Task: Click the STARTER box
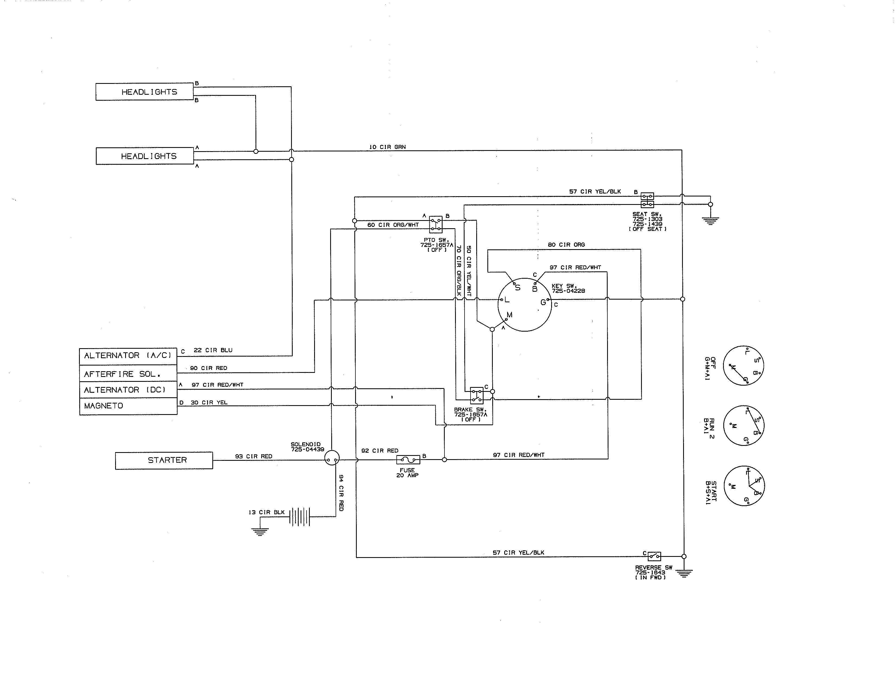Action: click(x=164, y=460)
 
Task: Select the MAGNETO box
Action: click(x=128, y=406)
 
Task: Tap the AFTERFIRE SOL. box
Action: click(x=128, y=373)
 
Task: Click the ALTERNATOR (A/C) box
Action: click(x=128, y=356)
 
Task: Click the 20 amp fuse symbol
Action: click(x=408, y=459)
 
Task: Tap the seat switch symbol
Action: click(x=647, y=200)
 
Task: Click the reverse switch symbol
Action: click(x=654, y=556)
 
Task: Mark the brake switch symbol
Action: click(x=476, y=395)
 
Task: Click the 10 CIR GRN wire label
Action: click(x=387, y=147)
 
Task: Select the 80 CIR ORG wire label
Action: click(x=566, y=245)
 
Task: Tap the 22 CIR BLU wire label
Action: click(x=213, y=350)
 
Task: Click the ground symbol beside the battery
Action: click(x=260, y=531)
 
